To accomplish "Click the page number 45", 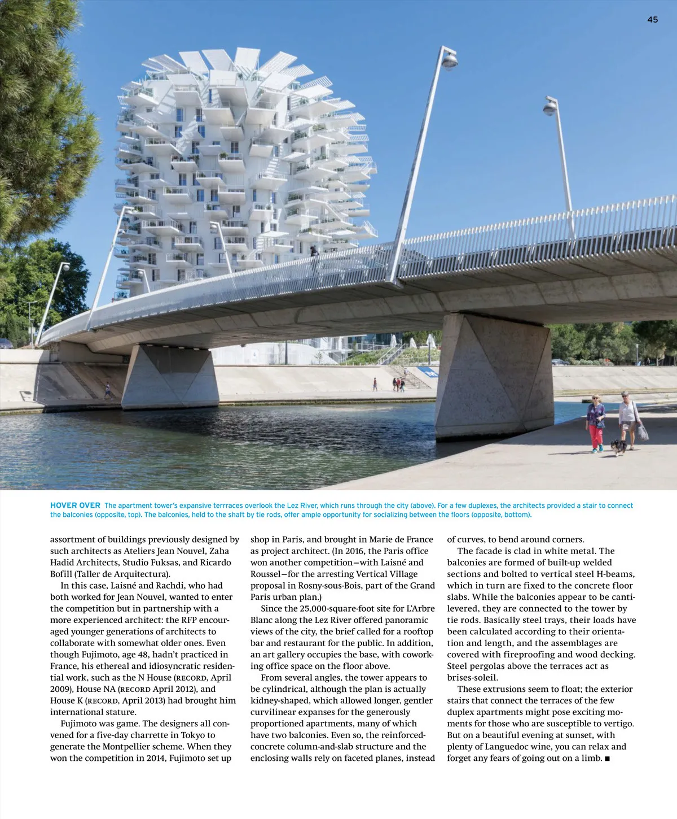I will click(x=652, y=20).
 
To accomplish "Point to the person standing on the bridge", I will click(x=314, y=257).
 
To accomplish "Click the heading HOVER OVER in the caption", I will click(x=75, y=506).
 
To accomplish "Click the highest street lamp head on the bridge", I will click(x=450, y=59).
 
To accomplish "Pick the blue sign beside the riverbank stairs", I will click(x=430, y=373).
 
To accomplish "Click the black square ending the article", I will click(x=607, y=759).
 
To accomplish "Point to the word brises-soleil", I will click(x=473, y=678).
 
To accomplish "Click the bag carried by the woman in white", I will click(x=643, y=432).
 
